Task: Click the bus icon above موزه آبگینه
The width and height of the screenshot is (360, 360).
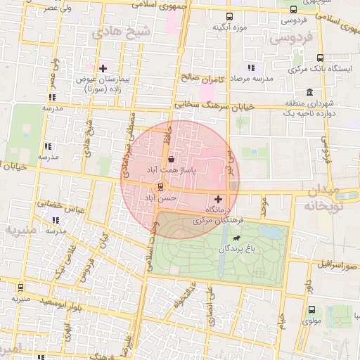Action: (229, 16)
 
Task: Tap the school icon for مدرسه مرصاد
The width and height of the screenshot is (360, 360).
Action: (250, 68)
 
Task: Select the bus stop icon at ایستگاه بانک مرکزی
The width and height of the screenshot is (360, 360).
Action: (320, 58)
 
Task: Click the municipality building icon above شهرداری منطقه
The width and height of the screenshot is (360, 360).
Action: (309, 92)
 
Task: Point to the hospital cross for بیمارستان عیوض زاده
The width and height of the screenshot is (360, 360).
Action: (103, 68)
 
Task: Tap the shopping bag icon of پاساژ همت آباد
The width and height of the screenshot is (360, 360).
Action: (172, 160)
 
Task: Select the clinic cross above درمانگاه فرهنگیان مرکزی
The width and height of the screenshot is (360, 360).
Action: (217, 199)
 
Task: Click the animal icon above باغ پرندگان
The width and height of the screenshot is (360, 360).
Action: (245, 238)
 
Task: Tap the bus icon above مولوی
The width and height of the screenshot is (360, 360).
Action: (311, 309)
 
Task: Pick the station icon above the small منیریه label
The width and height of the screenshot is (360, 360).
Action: (20, 287)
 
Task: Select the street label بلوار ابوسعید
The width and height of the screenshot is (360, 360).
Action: (59, 305)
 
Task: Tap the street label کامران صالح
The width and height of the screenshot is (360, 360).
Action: (201, 78)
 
